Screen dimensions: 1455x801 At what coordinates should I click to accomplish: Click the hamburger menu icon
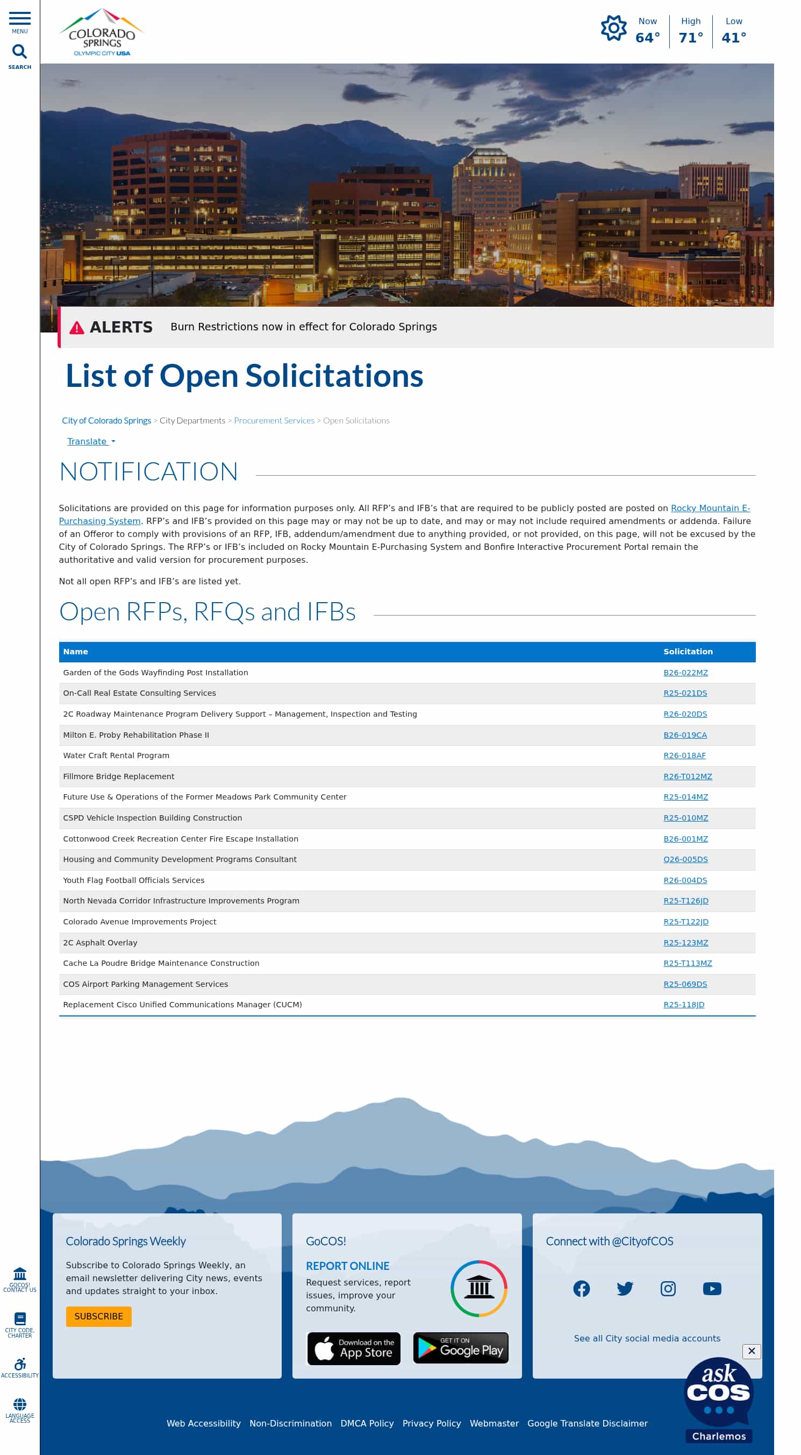point(20,19)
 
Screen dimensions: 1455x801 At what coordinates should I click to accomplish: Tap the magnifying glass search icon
point(20,52)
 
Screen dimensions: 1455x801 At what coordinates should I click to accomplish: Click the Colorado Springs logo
point(102,33)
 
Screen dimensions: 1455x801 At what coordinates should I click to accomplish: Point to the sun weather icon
point(613,28)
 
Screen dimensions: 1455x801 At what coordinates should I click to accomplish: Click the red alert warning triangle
point(77,328)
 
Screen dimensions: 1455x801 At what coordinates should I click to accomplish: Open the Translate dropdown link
point(90,441)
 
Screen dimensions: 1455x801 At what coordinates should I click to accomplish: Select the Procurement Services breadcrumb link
point(274,420)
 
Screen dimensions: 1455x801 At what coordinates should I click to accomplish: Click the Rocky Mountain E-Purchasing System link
point(710,508)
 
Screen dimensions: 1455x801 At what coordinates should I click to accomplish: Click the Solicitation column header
point(688,651)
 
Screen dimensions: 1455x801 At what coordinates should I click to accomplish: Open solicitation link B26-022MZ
point(685,672)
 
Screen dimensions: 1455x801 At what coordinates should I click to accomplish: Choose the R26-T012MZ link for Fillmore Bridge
point(687,776)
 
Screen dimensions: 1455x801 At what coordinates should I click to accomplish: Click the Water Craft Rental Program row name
point(116,755)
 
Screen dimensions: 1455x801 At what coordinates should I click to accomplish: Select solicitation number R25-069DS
point(685,984)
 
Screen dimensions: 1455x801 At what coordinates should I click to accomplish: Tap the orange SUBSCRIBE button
point(99,1316)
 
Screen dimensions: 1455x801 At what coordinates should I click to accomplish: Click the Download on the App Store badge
point(353,1348)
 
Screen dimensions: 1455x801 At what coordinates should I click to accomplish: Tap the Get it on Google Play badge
point(461,1348)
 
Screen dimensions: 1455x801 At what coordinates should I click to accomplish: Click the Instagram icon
point(668,1288)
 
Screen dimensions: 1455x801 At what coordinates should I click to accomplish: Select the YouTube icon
point(712,1288)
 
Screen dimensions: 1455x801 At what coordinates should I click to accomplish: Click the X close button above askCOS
point(752,1351)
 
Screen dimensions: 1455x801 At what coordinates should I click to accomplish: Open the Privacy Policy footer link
point(431,1423)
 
